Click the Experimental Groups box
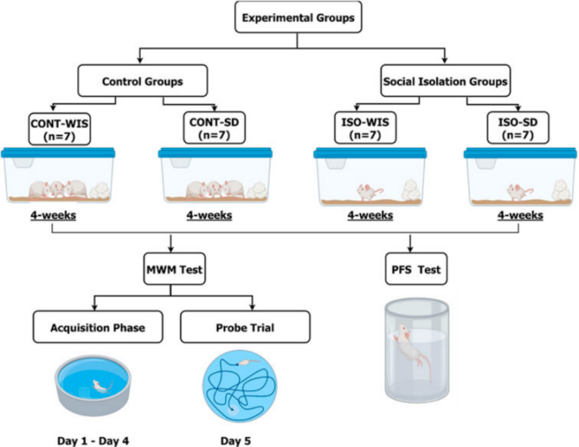click(298, 17)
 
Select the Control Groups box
click(143, 81)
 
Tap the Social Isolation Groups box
click(446, 81)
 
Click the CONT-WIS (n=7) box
click(59, 129)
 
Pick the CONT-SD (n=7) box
click(214, 128)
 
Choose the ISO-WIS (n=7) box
click(365, 128)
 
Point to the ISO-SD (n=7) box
click(518, 128)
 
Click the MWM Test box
click(175, 269)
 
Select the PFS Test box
click(416, 269)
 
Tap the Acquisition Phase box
click(98, 327)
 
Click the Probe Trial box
click(245, 327)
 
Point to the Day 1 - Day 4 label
click(93, 441)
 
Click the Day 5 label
click(236, 441)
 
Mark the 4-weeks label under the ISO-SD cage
click(520, 215)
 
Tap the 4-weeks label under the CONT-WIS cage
click(53, 215)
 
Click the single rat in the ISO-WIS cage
click(368, 192)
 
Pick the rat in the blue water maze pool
click(102, 387)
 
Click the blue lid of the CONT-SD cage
click(215, 153)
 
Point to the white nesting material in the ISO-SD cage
click(560, 190)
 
